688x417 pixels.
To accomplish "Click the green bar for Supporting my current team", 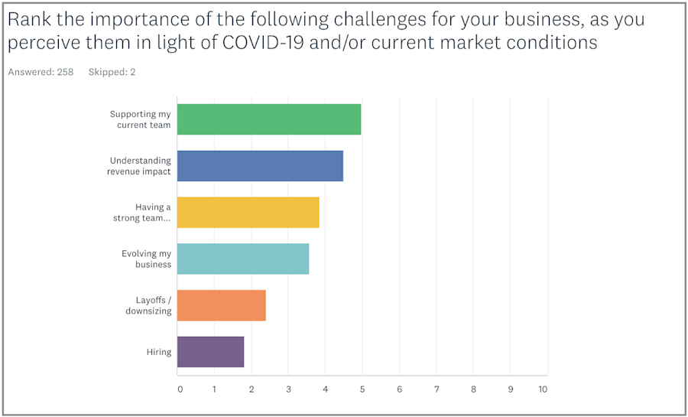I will coord(268,119).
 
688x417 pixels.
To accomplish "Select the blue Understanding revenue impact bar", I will coord(260,166).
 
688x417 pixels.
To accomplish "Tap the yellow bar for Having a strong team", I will coord(248,212).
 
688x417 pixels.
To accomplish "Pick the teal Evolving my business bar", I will coord(243,259).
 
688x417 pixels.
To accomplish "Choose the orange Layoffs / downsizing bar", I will coord(221,305).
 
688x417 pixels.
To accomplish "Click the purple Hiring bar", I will coord(210,352).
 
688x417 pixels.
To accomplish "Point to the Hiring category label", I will coord(159,352).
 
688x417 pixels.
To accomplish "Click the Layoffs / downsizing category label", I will coord(148,305).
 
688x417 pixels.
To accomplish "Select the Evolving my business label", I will coord(146,259).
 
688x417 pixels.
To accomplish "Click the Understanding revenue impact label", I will coord(139,166).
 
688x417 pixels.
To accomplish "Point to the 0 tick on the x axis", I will coord(180,389).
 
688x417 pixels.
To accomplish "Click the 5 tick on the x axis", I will coord(362,389).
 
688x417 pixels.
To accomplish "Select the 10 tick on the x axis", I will coord(543,389).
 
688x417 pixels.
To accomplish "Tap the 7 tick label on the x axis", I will coord(436,389).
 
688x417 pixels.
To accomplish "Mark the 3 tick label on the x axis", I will coord(289,389).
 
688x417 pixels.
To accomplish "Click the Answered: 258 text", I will coord(41,72).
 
